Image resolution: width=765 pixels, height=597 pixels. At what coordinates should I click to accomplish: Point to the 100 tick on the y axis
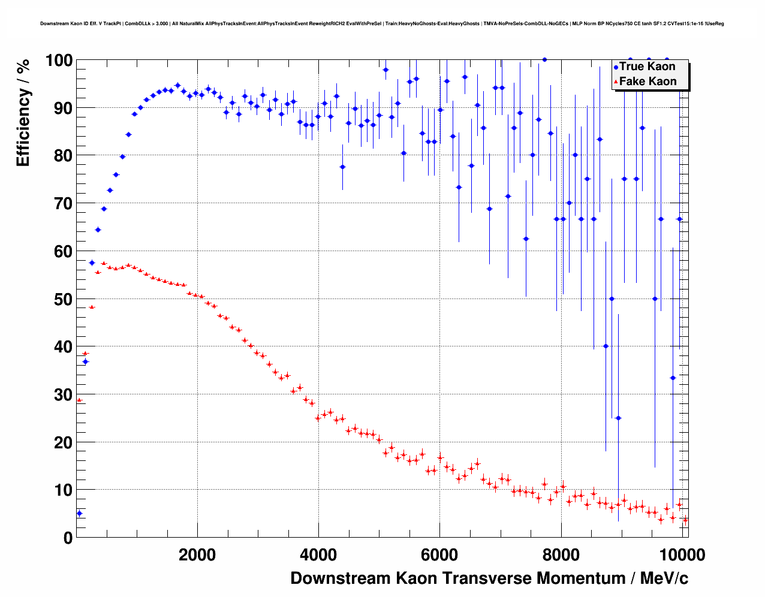59,61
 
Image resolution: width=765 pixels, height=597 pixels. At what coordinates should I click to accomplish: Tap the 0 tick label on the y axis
67,538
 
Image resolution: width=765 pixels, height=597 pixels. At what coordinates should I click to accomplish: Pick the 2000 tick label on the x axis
197,555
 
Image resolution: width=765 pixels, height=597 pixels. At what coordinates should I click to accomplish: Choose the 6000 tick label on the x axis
439,555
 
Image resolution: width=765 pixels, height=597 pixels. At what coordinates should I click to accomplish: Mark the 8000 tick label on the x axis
561,555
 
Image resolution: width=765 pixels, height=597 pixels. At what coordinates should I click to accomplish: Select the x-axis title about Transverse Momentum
489,578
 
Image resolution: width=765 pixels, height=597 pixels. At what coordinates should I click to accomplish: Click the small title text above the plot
382,24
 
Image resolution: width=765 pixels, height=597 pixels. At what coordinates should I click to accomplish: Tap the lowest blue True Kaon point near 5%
79,513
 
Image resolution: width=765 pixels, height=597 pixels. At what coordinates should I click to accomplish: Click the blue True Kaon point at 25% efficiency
618,418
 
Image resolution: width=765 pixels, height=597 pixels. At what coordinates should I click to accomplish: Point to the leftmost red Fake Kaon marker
79,400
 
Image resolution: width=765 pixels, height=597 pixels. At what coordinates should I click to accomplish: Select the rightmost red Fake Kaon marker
685,520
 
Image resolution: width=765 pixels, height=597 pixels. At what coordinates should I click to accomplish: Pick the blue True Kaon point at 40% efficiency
606,346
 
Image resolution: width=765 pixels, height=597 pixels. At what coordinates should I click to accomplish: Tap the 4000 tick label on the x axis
318,555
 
